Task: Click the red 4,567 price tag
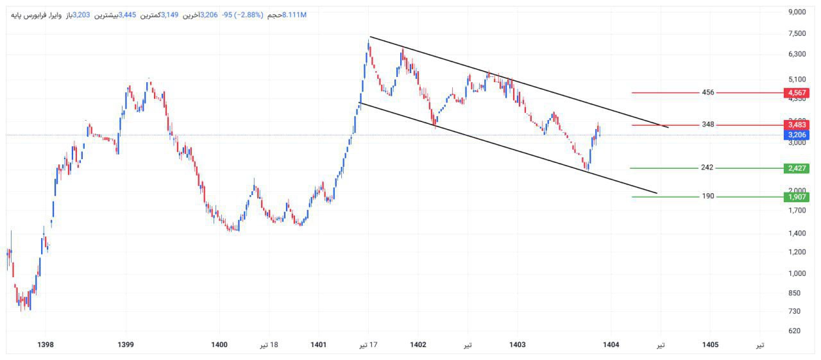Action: [796, 93]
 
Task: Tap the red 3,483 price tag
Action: [796, 125]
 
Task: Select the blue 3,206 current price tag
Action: [796, 135]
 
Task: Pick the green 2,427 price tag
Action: [796, 168]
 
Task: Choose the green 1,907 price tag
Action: [796, 197]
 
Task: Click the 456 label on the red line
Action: [708, 93]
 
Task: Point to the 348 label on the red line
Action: [708, 125]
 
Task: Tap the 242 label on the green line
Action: [707, 168]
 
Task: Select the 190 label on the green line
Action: [708, 197]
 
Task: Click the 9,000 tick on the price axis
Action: [797, 12]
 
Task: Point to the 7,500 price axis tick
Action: [797, 34]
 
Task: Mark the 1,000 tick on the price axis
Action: [797, 273]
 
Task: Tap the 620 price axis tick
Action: [795, 331]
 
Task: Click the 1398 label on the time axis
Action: [46, 345]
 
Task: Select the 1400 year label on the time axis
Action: [219, 345]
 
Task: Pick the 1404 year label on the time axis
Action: [611, 345]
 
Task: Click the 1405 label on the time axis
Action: [710, 345]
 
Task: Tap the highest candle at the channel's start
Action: [369, 44]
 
